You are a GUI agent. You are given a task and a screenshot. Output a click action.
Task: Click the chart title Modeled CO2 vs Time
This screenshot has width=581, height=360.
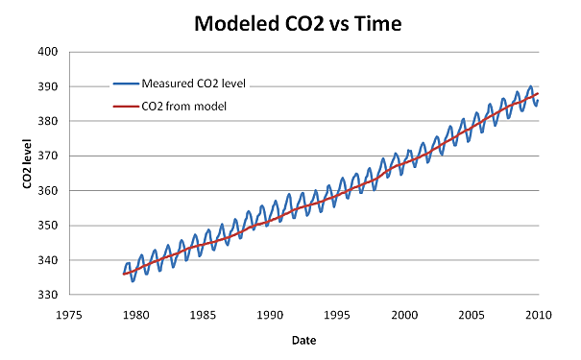click(x=289, y=22)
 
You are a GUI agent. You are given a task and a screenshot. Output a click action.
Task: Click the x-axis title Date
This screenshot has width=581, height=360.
click(x=302, y=339)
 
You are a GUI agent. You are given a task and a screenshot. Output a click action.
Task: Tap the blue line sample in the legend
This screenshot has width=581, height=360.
click(x=125, y=83)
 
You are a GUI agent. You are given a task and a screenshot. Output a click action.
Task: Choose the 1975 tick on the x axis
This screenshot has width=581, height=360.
click(x=68, y=313)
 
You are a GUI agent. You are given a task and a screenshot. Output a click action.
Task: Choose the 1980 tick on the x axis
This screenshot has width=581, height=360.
click(x=135, y=313)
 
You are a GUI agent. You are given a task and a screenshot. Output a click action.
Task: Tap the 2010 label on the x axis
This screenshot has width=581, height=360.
click(x=538, y=313)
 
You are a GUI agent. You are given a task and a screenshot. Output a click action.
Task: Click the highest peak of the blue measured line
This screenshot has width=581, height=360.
click(x=530, y=86)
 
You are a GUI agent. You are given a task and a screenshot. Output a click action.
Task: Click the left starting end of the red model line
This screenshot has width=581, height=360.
click(x=124, y=275)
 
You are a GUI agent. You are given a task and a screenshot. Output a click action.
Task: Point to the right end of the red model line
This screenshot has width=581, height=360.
click(x=538, y=94)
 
